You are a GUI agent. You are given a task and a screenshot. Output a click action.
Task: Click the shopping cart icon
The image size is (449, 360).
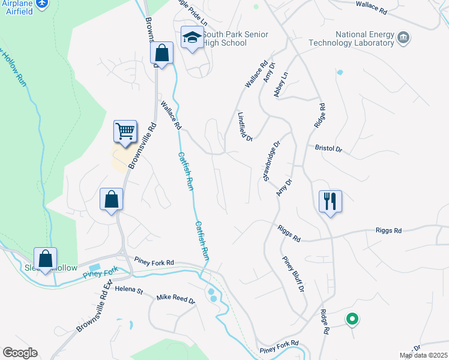[x=125, y=131]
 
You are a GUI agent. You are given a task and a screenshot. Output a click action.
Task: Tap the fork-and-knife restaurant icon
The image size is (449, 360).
[x=330, y=200]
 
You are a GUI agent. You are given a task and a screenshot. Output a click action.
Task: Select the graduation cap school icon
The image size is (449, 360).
[x=193, y=37]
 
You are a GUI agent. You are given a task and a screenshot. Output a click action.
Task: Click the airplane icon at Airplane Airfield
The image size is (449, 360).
[x=41, y=4]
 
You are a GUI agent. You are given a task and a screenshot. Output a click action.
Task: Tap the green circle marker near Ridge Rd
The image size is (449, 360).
[x=352, y=320]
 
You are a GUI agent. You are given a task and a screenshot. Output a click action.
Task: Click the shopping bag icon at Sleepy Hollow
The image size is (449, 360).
[x=45, y=259]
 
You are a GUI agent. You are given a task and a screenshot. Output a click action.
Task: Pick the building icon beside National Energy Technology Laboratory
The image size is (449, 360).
[x=403, y=38]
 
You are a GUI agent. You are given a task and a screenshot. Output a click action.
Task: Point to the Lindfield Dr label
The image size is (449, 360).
[x=245, y=127]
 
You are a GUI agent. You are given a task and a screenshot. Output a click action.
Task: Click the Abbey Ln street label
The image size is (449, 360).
[x=281, y=83]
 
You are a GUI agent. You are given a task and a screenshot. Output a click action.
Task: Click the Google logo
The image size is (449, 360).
[x=20, y=353]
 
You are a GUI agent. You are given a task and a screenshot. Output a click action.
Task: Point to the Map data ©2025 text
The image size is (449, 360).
[x=423, y=355]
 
